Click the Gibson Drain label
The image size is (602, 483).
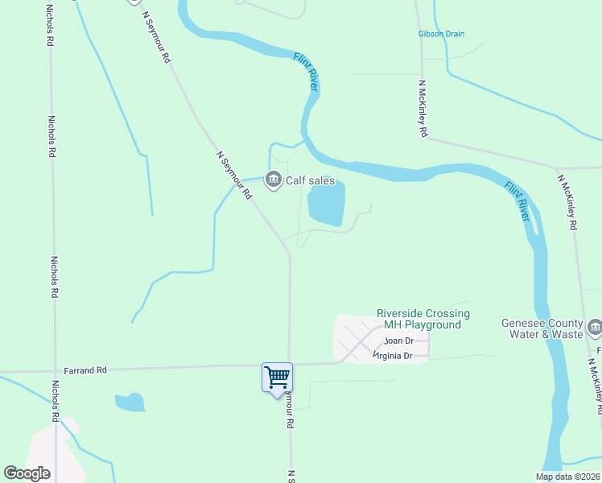(442, 34)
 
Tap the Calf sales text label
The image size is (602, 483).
(311, 181)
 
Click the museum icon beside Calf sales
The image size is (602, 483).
(274, 179)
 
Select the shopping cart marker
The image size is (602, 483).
(277, 377)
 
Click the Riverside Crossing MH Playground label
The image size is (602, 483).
(423, 319)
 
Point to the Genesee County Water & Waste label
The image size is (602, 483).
(541, 328)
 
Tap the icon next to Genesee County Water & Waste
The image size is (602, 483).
(595, 326)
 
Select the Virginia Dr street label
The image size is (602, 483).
(393, 355)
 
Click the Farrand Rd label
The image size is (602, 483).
(91, 370)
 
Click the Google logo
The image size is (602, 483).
(27, 473)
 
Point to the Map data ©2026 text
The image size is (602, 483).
(567, 477)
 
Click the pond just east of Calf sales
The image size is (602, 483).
(327, 204)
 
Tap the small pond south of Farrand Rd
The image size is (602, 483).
(130, 402)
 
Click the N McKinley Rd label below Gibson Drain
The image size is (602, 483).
(422, 108)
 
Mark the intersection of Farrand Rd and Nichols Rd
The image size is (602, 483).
(54, 372)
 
